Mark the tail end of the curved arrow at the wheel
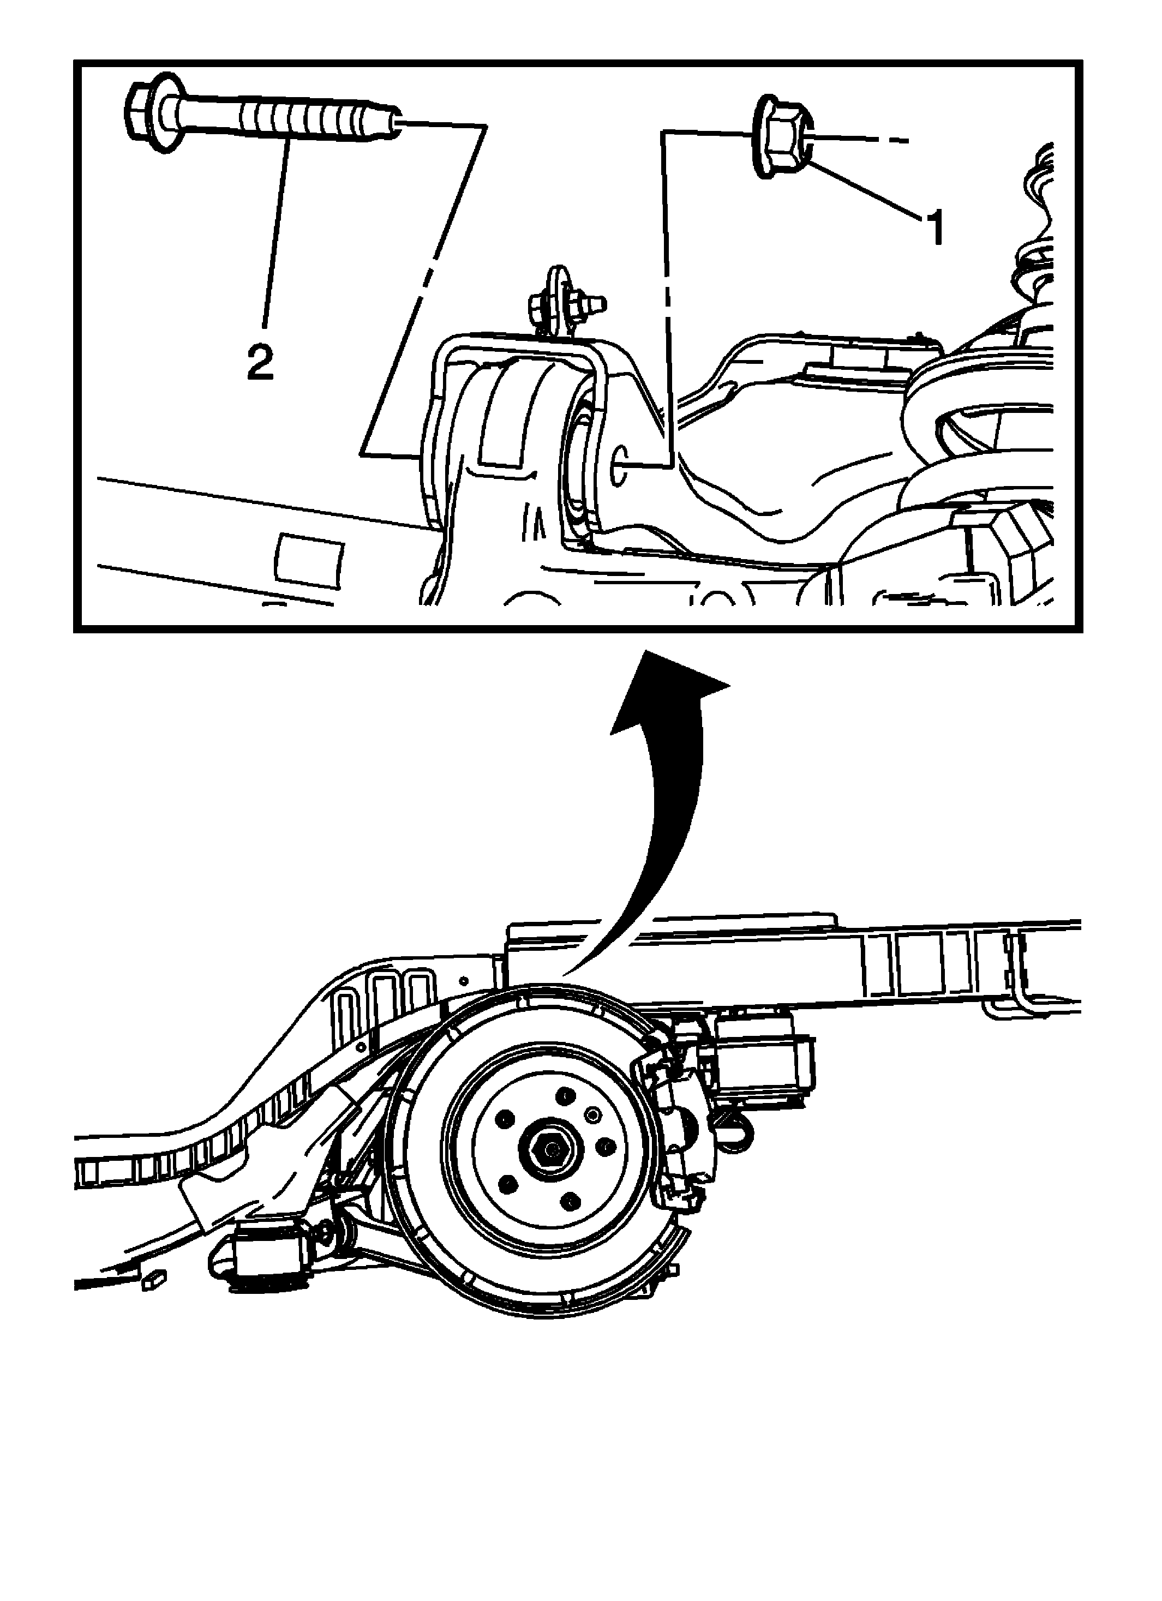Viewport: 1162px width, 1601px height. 565,973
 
